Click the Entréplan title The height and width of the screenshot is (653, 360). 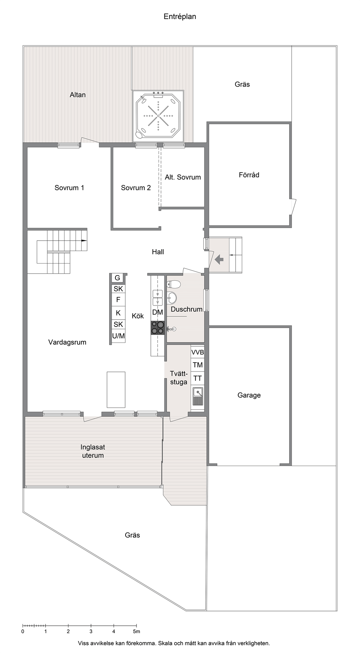(x=180, y=17)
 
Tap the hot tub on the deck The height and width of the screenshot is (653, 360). (x=158, y=116)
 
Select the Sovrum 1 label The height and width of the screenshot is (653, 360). (x=69, y=188)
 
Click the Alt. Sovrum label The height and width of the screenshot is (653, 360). (x=183, y=177)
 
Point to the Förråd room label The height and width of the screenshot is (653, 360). (x=249, y=175)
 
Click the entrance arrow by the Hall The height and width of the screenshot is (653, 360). (x=219, y=259)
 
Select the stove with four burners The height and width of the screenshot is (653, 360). (x=157, y=328)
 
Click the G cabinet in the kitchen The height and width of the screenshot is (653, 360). (x=117, y=278)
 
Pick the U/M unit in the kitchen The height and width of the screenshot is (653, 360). (x=118, y=336)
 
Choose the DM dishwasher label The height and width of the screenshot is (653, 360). (x=157, y=313)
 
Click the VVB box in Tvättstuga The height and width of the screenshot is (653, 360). (x=197, y=353)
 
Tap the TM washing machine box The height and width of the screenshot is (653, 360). (x=197, y=365)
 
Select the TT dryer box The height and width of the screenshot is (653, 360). (x=197, y=379)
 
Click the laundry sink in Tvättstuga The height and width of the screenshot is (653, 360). (x=198, y=395)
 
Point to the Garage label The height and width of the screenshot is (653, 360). (x=249, y=395)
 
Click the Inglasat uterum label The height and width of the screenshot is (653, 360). (x=93, y=451)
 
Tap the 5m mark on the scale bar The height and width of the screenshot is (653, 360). (x=136, y=632)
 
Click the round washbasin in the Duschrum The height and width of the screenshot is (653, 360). (x=172, y=298)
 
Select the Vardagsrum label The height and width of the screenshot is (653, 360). (x=67, y=342)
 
